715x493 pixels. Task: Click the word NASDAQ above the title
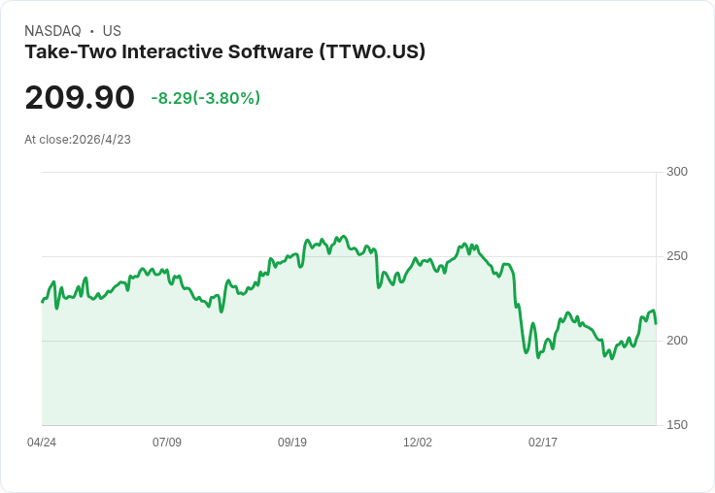click(x=52, y=31)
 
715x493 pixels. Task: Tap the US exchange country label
click(x=112, y=31)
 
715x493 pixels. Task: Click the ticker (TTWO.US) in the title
click(x=372, y=51)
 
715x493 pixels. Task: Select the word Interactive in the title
click(x=172, y=51)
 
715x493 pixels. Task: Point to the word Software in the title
click(x=271, y=51)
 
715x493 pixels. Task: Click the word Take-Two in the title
click(x=71, y=51)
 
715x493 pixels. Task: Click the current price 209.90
click(x=80, y=98)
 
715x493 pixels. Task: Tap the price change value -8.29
click(x=172, y=98)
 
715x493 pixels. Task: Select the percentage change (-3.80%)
click(x=226, y=98)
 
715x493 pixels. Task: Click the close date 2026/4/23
click(x=101, y=140)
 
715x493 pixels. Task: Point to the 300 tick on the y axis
click(x=677, y=172)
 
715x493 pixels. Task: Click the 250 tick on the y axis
click(x=677, y=256)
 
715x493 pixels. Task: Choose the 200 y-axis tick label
click(x=677, y=341)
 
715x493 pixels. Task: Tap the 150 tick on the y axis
click(x=677, y=425)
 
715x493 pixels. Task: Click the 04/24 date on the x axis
click(x=42, y=443)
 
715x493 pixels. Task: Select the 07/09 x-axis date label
click(x=167, y=443)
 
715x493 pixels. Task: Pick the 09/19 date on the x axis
click(x=292, y=443)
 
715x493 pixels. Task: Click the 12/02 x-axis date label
click(x=418, y=443)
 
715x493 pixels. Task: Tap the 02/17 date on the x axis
click(x=543, y=443)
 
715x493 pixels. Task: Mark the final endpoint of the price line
click(x=656, y=323)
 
